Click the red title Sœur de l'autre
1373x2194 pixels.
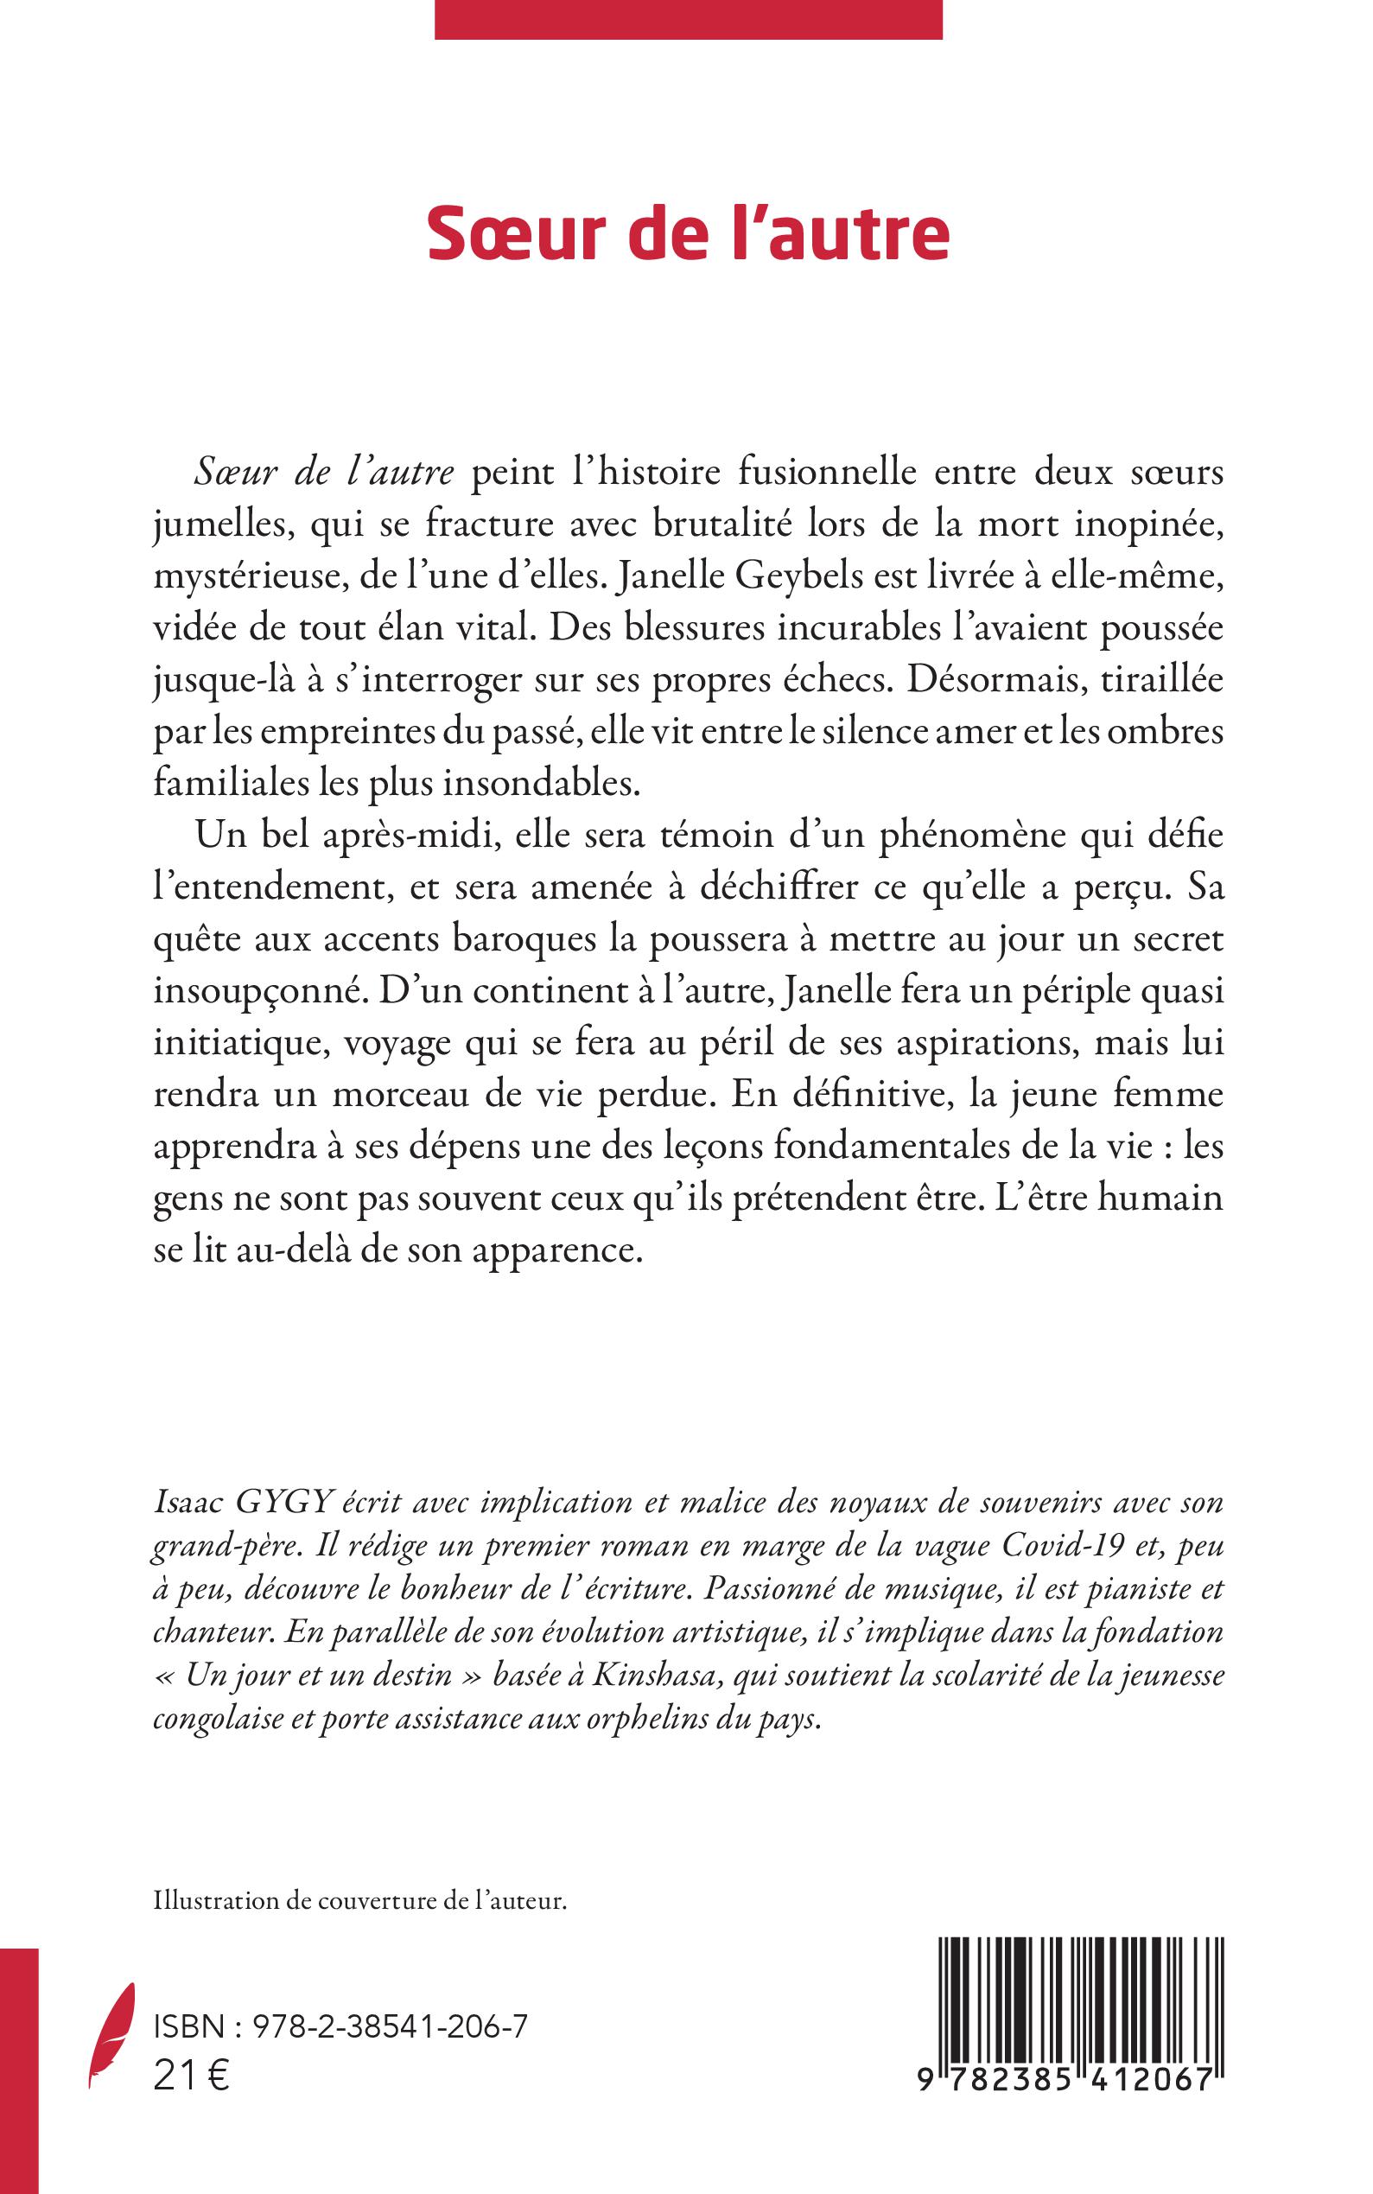tap(689, 233)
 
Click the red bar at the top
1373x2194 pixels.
tap(689, 19)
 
